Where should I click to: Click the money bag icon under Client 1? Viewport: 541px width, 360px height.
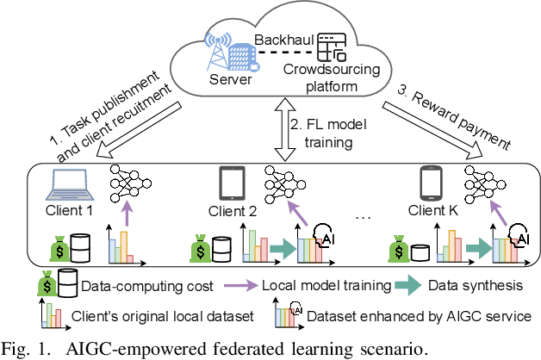pos(59,250)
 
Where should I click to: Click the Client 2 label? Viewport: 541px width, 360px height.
pos(233,211)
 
